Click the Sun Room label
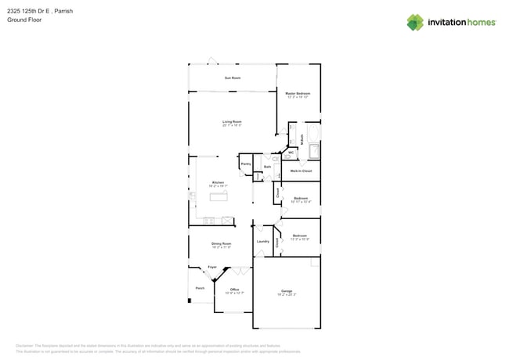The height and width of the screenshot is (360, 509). pyautogui.click(x=233, y=78)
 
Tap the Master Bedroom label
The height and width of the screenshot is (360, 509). pyautogui.click(x=298, y=93)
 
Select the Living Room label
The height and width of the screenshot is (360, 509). pyautogui.click(x=232, y=121)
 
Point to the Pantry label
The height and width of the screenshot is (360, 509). pyautogui.click(x=246, y=164)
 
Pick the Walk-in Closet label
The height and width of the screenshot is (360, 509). pyautogui.click(x=301, y=171)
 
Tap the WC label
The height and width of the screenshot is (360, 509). pyautogui.click(x=291, y=153)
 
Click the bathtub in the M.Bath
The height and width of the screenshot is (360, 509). pyautogui.click(x=314, y=151)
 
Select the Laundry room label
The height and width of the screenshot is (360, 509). pyautogui.click(x=263, y=241)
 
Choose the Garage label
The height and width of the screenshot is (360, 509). pyautogui.click(x=287, y=290)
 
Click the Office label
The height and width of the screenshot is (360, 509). pyautogui.click(x=234, y=290)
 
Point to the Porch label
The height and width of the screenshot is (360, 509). pyautogui.click(x=200, y=288)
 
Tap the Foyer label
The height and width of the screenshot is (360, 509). pyautogui.click(x=212, y=267)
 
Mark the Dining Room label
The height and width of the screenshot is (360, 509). pyautogui.click(x=222, y=243)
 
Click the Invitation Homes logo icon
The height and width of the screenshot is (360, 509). pyautogui.click(x=415, y=23)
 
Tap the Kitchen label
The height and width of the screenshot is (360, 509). pyautogui.click(x=218, y=182)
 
